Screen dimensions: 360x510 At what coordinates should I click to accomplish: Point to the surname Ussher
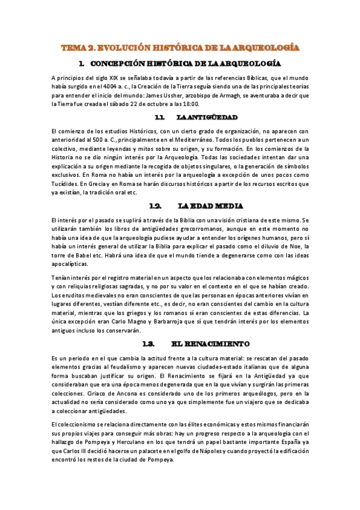click(202, 94)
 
